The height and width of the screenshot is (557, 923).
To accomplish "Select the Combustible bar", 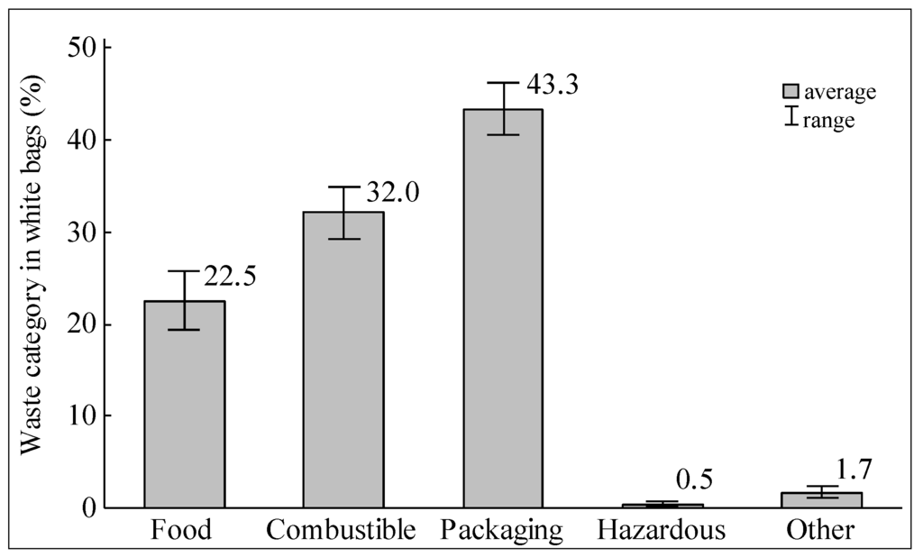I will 343,360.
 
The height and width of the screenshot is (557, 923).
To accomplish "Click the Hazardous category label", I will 661,530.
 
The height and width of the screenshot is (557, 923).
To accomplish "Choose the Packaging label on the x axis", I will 502,530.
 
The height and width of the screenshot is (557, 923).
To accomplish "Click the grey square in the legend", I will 791,91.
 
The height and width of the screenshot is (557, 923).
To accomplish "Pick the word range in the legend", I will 828,119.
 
